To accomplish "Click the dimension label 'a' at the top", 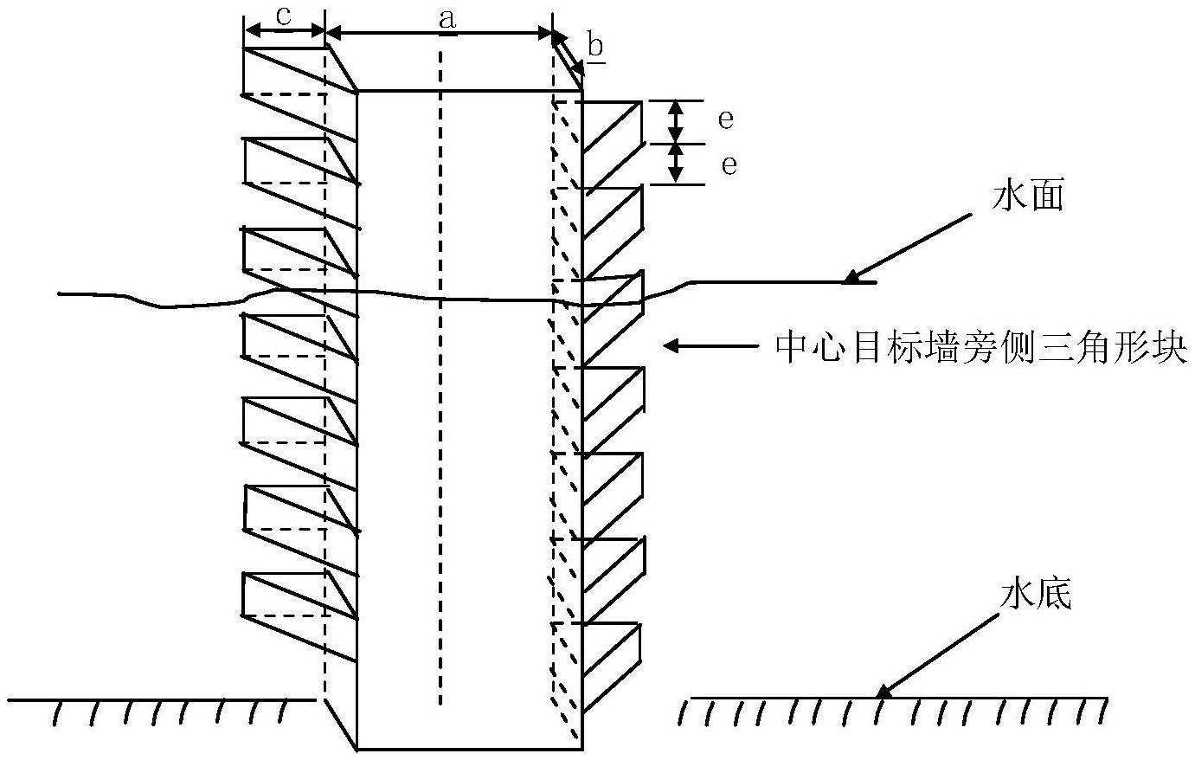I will (x=447, y=19).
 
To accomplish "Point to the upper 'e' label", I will (x=726, y=119).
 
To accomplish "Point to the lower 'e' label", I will (x=729, y=164).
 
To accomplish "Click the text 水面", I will (x=1027, y=197).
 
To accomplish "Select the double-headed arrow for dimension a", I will (x=440, y=34).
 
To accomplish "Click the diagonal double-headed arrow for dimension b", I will (x=567, y=54).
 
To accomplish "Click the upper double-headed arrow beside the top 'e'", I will (x=678, y=121).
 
